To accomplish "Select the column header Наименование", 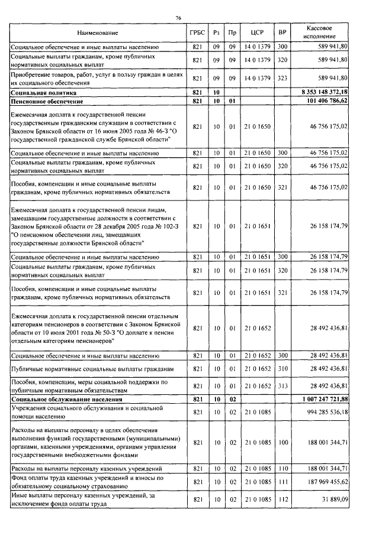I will point(98,33).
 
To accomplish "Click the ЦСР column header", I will point(257,33).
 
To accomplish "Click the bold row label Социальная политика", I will point(44,93).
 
